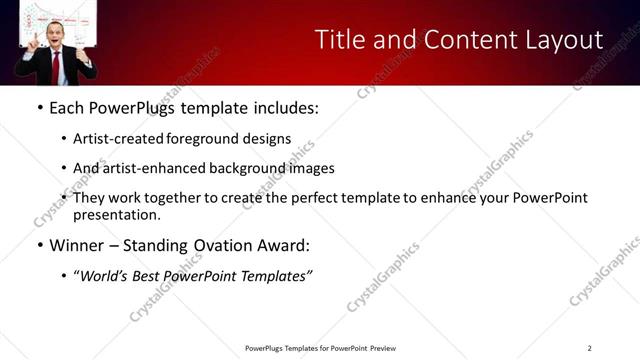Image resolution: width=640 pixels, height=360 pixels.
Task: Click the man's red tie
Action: (x=56, y=66)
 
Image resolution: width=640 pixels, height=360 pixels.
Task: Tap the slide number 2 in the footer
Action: (x=590, y=348)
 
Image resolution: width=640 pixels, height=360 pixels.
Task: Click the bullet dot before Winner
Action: (x=39, y=245)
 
